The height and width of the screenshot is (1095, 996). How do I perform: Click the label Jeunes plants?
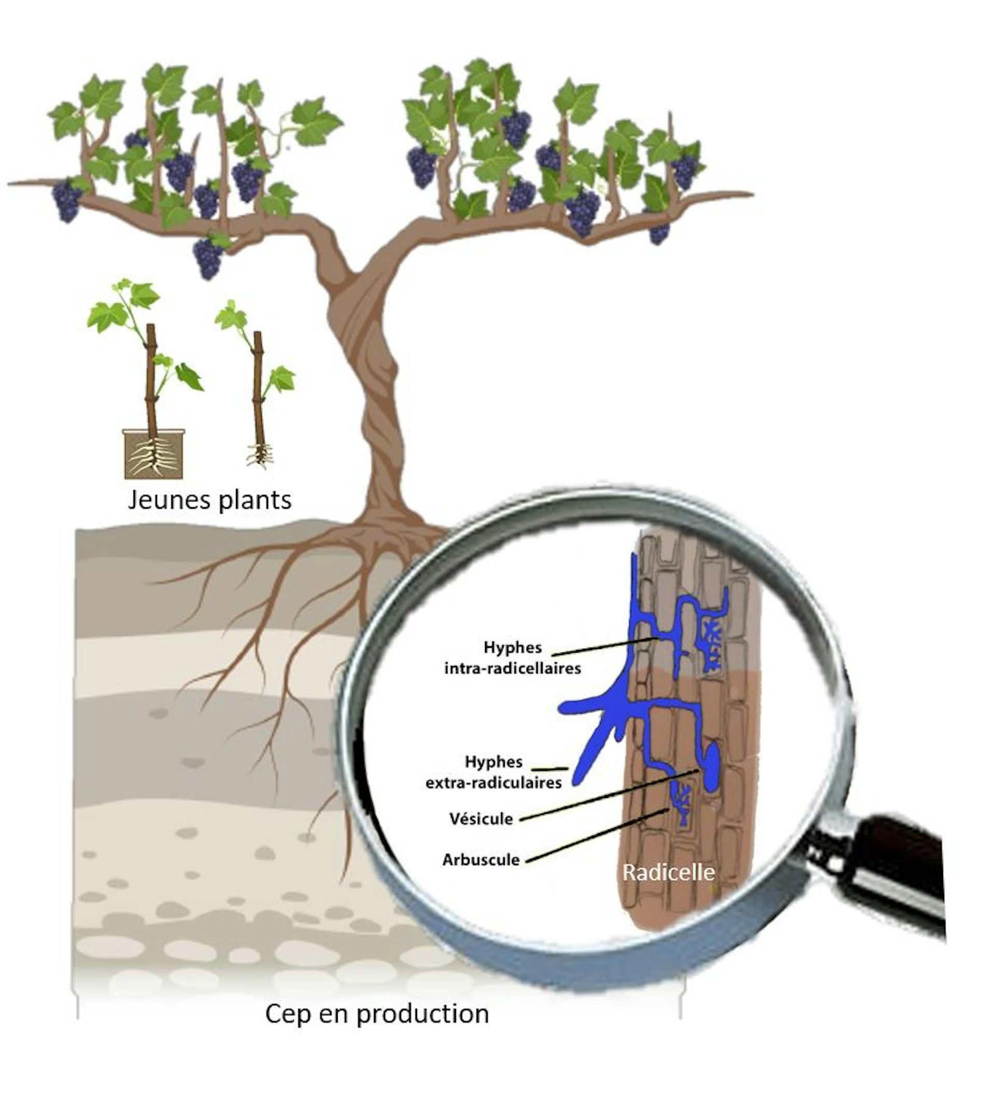(x=210, y=500)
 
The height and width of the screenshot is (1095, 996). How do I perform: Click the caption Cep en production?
(x=377, y=1014)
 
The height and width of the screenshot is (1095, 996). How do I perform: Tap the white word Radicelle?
(x=668, y=872)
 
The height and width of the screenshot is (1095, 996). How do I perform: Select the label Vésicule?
(x=481, y=819)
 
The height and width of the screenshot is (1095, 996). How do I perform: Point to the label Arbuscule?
(x=481, y=860)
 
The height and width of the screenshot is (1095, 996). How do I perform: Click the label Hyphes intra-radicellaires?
(x=513, y=658)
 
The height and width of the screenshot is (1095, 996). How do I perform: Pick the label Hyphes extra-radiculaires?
(x=493, y=772)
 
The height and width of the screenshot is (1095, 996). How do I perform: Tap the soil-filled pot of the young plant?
(x=154, y=454)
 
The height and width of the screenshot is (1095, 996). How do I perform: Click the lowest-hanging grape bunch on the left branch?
(x=208, y=257)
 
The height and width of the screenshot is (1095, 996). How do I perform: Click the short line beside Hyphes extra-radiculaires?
(x=549, y=769)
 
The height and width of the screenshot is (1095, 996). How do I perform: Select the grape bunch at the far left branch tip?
(x=67, y=200)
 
